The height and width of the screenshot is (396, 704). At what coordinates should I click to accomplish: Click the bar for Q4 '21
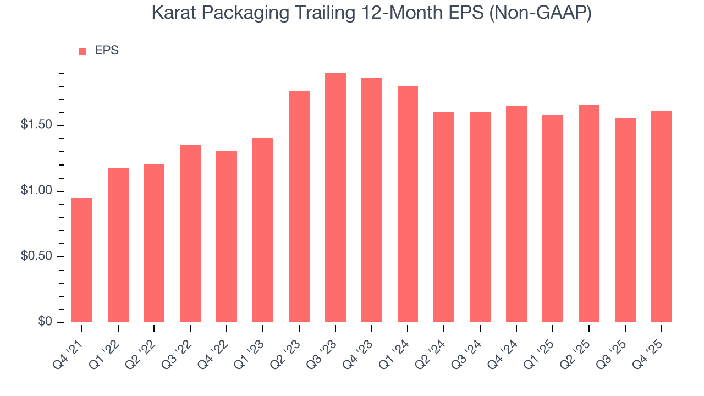[x=82, y=260]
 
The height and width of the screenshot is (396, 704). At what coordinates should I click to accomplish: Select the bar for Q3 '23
[x=335, y=197]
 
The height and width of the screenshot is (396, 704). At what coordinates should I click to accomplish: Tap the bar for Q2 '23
[x=299, y=207]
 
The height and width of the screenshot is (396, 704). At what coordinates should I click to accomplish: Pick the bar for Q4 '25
[x=661, y=217]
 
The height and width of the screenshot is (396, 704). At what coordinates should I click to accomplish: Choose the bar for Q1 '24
[x=408, y=204]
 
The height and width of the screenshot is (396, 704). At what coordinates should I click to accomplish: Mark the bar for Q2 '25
[x=588, y=213]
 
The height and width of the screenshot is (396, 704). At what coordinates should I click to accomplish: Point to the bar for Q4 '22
[x=227, y=237]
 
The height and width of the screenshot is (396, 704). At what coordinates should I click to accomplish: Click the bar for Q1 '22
[x=118, y=245]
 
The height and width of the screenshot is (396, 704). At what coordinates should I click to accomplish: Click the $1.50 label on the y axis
[x=38, y=125]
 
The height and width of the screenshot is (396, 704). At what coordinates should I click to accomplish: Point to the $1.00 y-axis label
[x=38, y=191]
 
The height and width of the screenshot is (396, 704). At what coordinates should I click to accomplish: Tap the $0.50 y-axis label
[x=38, y=257]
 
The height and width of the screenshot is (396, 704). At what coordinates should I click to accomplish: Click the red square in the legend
[x=82, y=51]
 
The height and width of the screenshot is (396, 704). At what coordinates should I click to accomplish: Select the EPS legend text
[x=107, y=51]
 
